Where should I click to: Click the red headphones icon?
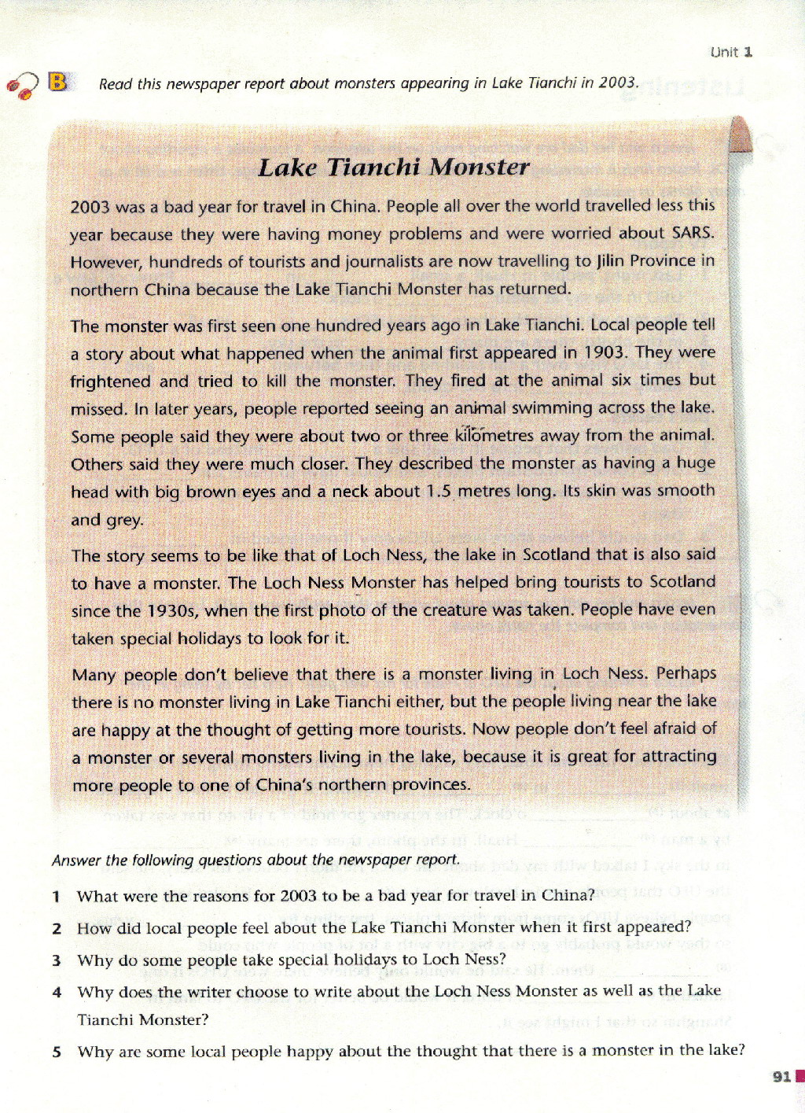21,85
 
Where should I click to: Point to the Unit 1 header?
731,52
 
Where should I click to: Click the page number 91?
781,1076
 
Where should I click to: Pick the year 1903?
606,352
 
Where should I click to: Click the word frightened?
111,381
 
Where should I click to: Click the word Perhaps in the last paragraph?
686,673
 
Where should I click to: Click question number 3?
56,960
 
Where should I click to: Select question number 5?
56,1052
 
